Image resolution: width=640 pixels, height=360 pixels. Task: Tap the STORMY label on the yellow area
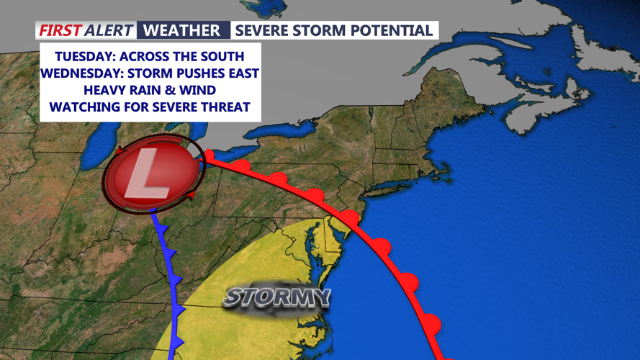[x=276, y=297]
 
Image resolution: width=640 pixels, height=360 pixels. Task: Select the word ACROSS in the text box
[x=134, y=55]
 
